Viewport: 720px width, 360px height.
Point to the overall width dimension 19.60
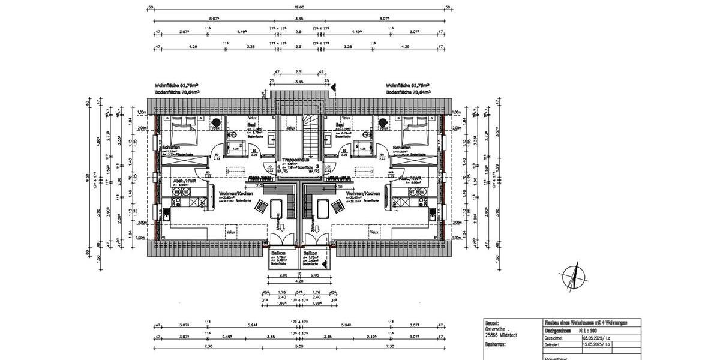[299, 8]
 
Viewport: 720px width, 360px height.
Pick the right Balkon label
[310, 254]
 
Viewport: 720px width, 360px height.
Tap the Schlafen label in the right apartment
[402, 148]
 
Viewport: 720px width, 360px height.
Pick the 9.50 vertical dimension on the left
[88, 178]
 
